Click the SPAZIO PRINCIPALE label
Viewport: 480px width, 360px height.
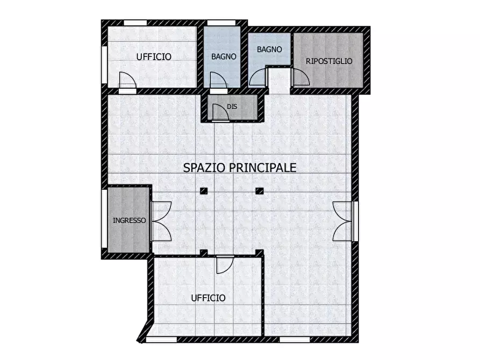point(240,168)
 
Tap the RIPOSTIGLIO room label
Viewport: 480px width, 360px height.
point(329,61)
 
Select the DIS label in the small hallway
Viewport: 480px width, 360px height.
point(232,107)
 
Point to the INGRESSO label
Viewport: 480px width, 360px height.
point(129,220)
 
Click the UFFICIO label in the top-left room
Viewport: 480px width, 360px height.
point(154,56)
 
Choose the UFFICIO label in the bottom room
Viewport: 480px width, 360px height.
point(208,298)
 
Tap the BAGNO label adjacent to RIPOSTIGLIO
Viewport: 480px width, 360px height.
point(269,49)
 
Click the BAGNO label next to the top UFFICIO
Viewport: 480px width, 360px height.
point(224,56)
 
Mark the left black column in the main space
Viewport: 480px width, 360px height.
point(203,190)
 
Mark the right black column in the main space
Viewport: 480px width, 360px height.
point(260,190)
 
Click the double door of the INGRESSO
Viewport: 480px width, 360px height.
point(161,221)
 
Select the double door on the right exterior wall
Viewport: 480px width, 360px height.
point(342,221)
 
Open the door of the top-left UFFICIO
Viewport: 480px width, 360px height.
point(127,81)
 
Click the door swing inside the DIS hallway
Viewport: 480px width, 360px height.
point(220,112)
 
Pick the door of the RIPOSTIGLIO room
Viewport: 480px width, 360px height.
point(301,78)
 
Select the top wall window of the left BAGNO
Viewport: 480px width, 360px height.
point(221,23)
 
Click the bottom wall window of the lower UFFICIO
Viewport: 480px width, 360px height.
point(161,340)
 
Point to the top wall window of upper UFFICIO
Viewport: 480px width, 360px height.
point(135,23)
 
